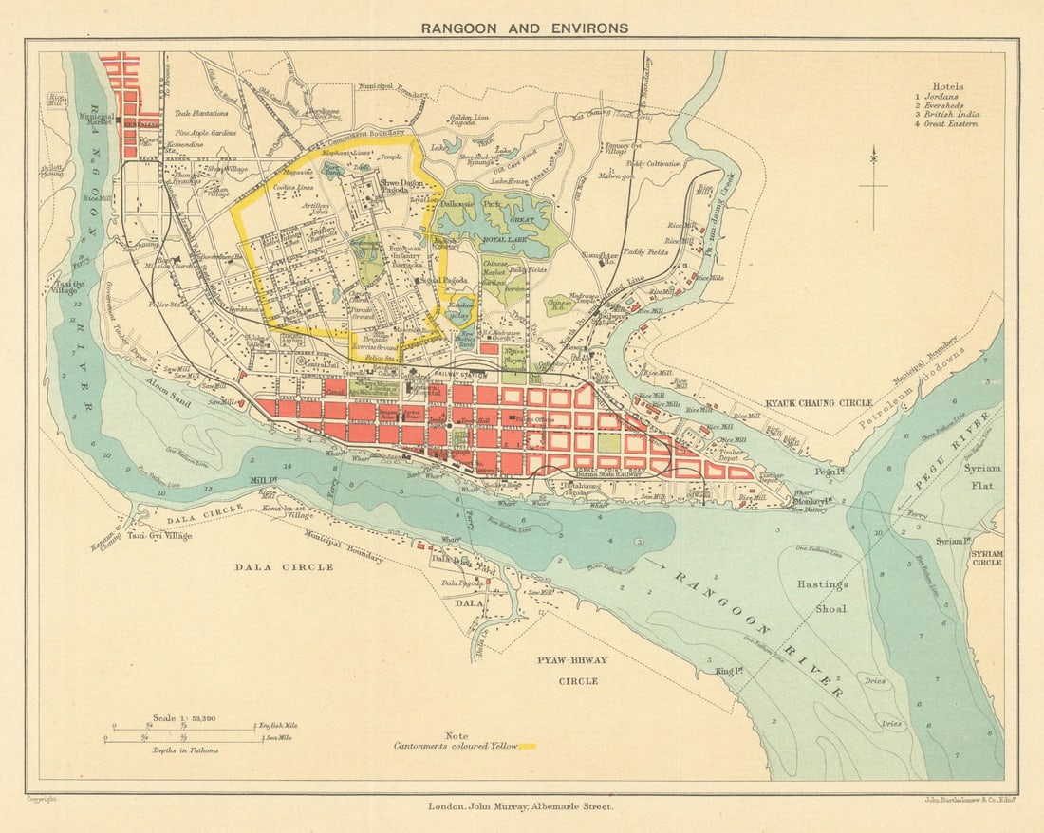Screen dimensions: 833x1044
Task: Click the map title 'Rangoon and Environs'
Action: pos(525,28)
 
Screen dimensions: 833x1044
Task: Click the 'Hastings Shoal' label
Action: pos(822,597)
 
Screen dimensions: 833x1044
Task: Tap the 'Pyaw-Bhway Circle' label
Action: pos(572,670)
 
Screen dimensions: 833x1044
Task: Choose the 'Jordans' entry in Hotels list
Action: pos(941,97)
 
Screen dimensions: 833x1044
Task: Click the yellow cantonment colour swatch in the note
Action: pos(529,747)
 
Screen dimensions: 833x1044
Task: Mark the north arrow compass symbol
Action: pos(873,181)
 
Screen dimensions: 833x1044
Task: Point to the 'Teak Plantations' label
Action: pos(202,113)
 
